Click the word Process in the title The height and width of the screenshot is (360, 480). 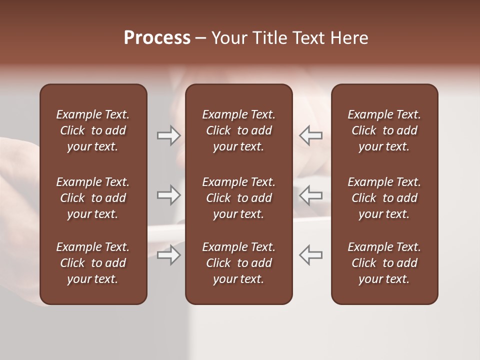[x=157, y=38]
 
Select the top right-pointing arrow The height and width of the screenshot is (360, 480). [x=168, y=135]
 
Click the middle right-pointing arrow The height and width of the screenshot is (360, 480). [x=168, y=195]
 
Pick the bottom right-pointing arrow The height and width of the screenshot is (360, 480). [x=168, y=255]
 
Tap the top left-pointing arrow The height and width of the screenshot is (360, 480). [x=311, y=135]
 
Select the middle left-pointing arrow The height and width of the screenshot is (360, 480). [x=311, y=195]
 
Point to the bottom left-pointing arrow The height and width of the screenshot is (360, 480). [x=311, y=255]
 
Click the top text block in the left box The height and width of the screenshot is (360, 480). [x=93, y=130]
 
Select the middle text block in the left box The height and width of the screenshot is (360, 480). [x=93, y=198]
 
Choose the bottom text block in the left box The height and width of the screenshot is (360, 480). [x=93, y=263]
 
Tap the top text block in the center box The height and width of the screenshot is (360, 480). [x=238, y=130]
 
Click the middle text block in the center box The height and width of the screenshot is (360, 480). [x=238, y=198]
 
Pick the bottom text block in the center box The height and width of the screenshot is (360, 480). [x=238, y=263]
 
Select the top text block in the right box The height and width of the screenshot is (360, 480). [x=384, y=130]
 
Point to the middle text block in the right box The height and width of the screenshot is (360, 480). [x=384, y=198]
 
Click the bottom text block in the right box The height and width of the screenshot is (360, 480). [x=384, y=263]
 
